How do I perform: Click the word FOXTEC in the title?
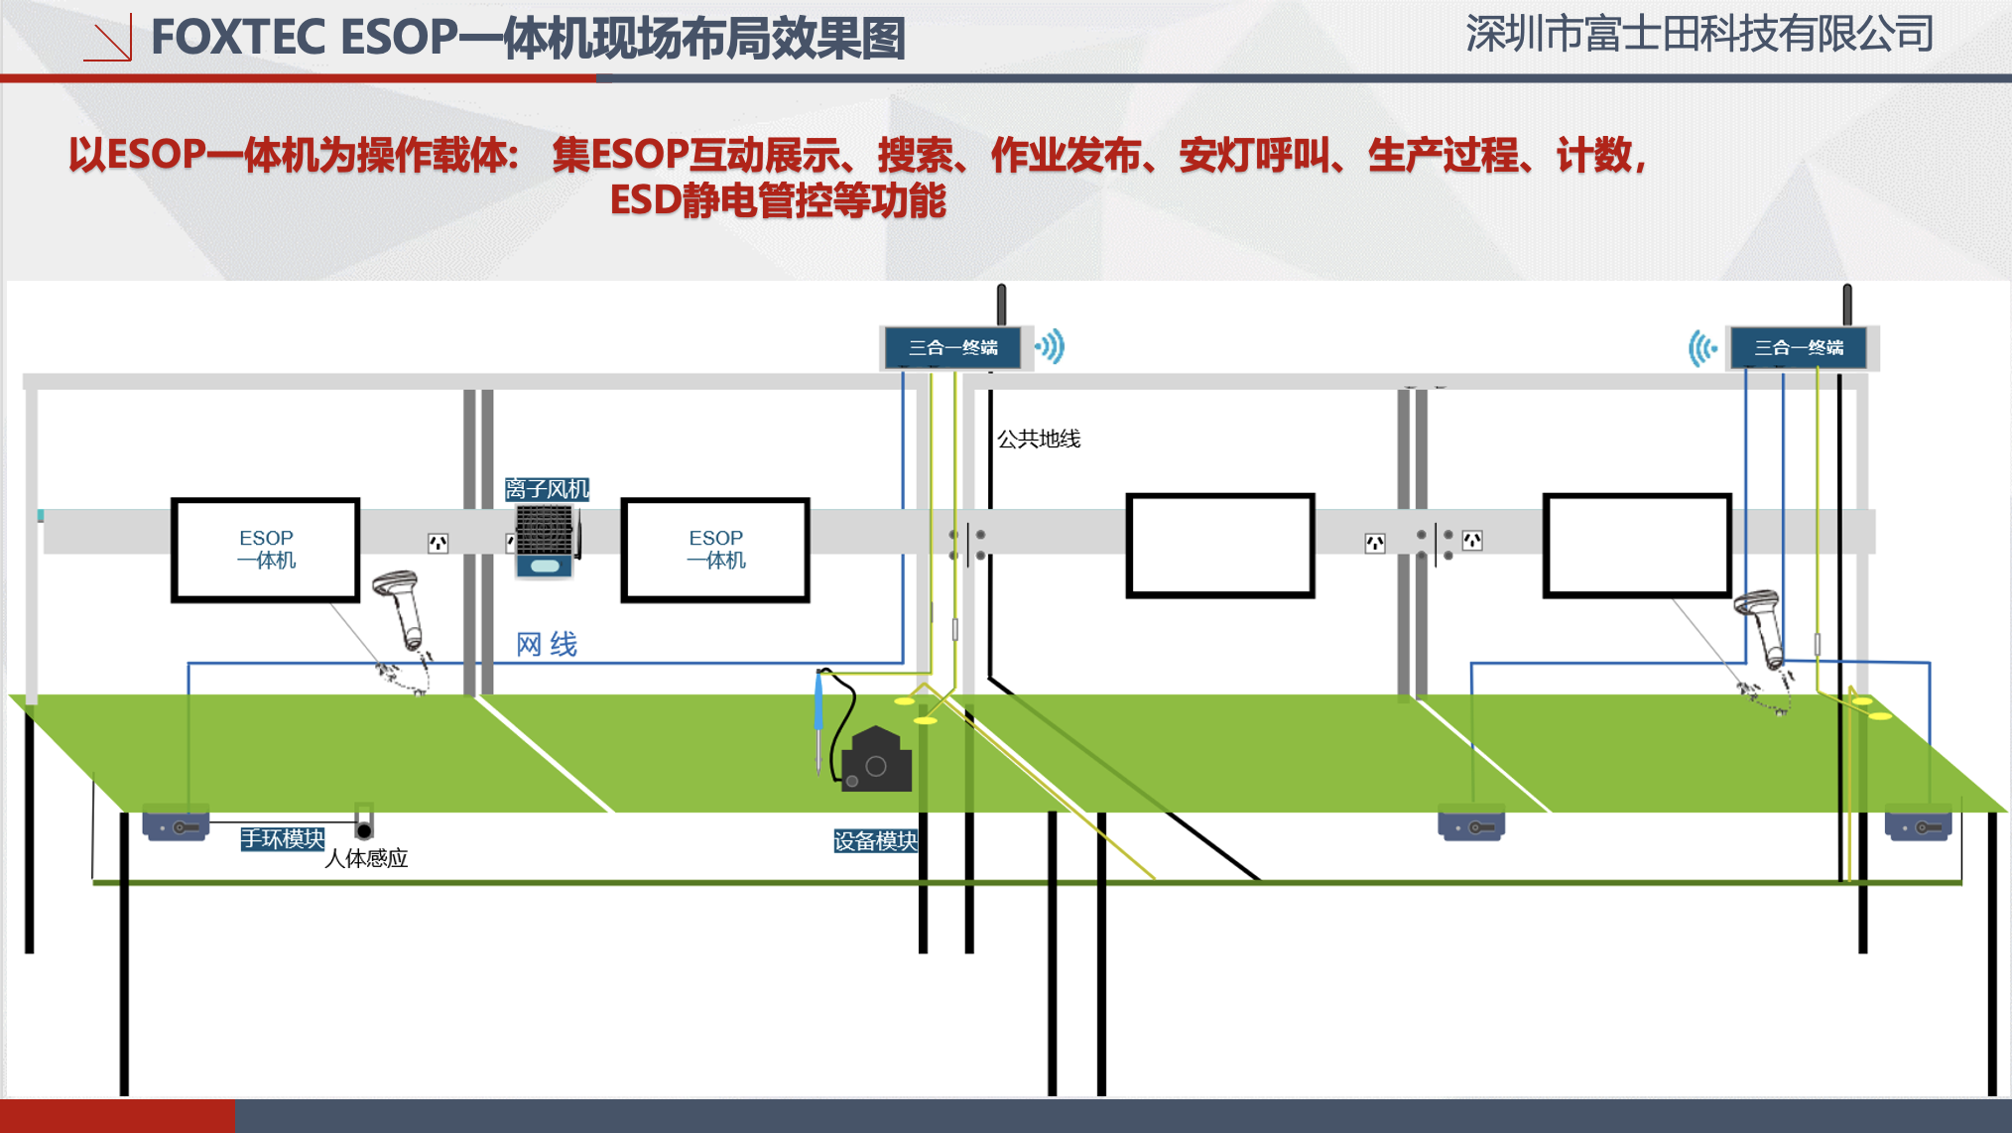(x=238, y=38)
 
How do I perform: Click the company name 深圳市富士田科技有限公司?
(x=1698, y=35)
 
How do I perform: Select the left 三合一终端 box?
(x=953, y=348)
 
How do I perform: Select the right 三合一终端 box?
(x=1799, y=348)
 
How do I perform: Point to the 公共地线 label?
(x=1038, y=439)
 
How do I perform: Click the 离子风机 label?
(x=547, y=489)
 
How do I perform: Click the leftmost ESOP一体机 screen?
(x=266, y=550)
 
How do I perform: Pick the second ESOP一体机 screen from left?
(x=715, y=550)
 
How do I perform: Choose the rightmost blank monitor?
(x=1637, y=546)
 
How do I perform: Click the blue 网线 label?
(x=547, y=645)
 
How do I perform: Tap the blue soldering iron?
(x=819, y=709)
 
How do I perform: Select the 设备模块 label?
(x=875, y=841)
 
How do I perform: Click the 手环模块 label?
(x=283, y=839)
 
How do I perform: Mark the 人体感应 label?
(x=366, y=859)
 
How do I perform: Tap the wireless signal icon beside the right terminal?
(x=1702, y=348)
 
